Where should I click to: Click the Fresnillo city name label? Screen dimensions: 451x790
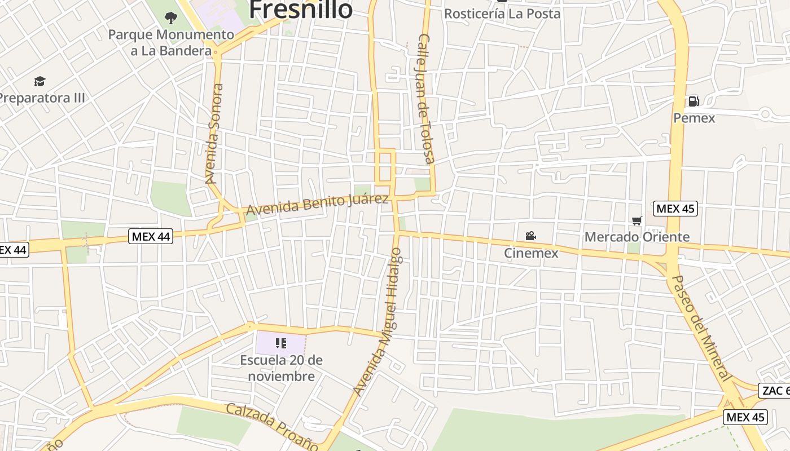coord(301,10)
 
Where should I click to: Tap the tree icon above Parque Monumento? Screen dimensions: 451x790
coord(170,18)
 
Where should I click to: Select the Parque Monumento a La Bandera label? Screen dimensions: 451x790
coord(170,42)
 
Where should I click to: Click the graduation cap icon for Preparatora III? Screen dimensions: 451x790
coord(39,82)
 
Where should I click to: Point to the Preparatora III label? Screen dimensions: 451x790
coord(42,98)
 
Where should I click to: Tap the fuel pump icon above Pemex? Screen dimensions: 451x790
coord(694,101)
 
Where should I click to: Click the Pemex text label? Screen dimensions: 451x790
coord(694,118)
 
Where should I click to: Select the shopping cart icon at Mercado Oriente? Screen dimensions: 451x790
coord(637,220)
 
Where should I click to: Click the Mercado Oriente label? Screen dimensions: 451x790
coord(637,237)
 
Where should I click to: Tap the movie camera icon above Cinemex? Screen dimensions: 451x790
coord(530,236)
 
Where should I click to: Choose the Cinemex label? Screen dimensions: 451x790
coord(530,253)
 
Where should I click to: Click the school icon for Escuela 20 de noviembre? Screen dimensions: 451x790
coord(281,343)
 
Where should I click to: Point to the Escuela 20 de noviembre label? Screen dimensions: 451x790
coord(281,368)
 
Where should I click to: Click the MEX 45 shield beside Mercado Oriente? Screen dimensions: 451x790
coord(675,209)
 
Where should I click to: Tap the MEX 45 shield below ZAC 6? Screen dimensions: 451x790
coord(745,417)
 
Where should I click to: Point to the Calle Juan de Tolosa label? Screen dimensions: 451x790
coord(426,99)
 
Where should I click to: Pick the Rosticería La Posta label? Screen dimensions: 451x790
coord(502,14)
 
